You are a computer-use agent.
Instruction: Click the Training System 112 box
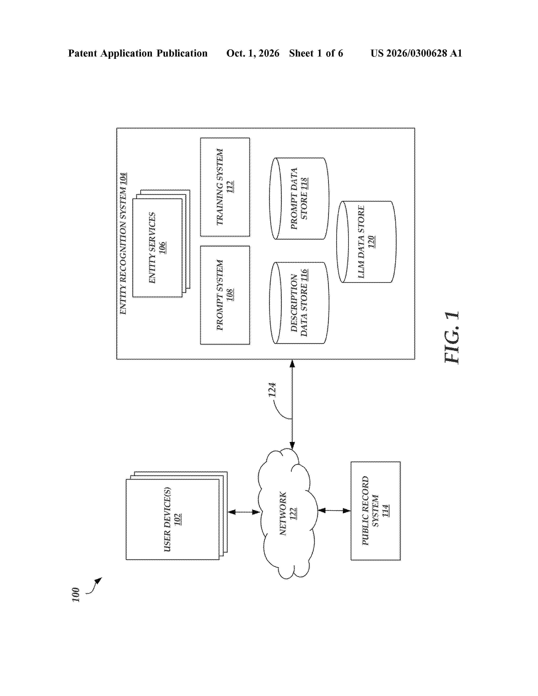point(225,187)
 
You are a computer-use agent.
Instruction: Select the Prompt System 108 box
point(225,295)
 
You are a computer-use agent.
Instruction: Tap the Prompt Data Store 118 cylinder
point(299,198)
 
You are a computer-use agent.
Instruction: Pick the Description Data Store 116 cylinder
point(299,303)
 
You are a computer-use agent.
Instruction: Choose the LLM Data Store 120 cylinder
point(366,241)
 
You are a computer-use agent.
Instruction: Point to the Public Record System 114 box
point(376,511)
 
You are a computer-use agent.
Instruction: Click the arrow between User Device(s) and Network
point(244,512)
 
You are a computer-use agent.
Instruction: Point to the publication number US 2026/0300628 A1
point(416,53)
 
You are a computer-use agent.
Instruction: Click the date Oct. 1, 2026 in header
point(253,53)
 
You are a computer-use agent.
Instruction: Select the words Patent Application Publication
point(138,53)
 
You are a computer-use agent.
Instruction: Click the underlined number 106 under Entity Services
point(162,248)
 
